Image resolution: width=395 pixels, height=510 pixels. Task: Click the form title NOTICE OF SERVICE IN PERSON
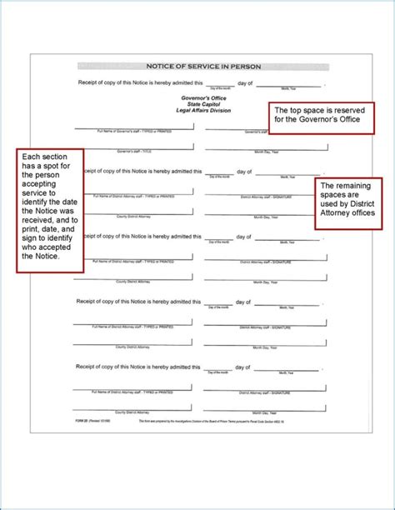197,65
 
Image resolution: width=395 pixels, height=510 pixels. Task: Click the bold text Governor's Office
198,97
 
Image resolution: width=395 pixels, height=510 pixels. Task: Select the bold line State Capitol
198,103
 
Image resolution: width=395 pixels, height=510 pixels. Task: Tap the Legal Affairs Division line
198,110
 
